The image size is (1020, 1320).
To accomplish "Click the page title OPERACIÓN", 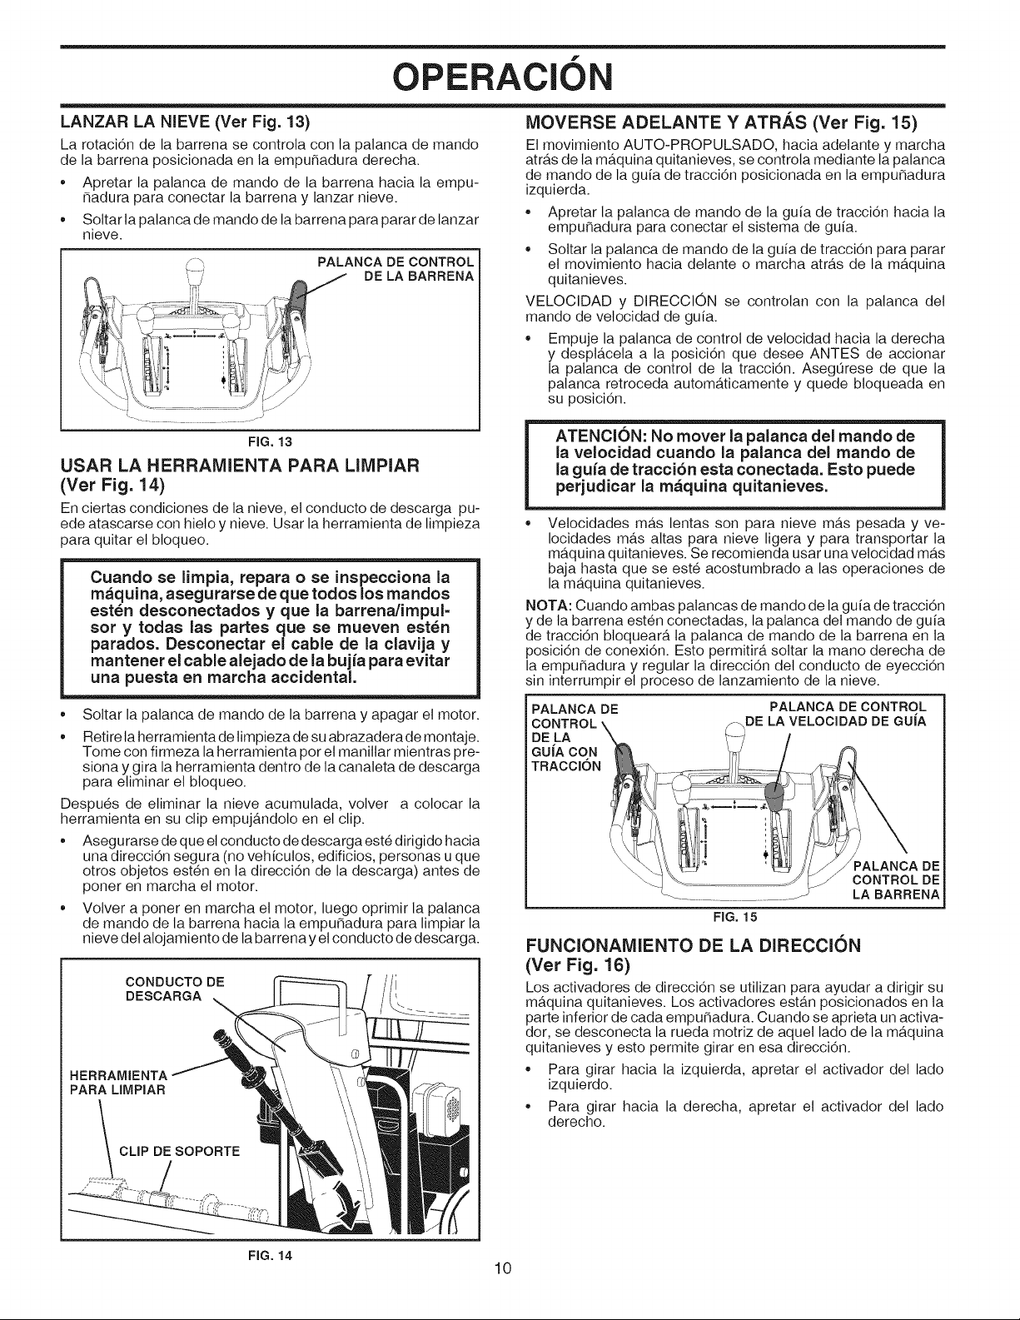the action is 503,77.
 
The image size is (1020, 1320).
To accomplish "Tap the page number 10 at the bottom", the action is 503,1268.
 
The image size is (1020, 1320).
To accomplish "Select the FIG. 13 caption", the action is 270,441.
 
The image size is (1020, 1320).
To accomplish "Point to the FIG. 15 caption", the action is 736,917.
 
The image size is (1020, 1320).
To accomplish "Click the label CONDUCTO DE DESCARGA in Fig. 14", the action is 174,989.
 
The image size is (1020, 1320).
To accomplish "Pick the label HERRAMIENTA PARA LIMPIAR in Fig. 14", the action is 117,1082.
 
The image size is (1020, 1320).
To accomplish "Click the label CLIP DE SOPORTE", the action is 180,1152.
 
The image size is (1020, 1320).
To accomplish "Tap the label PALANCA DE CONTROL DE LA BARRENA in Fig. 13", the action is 396,269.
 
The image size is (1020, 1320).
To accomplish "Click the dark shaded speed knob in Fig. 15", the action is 774,797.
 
